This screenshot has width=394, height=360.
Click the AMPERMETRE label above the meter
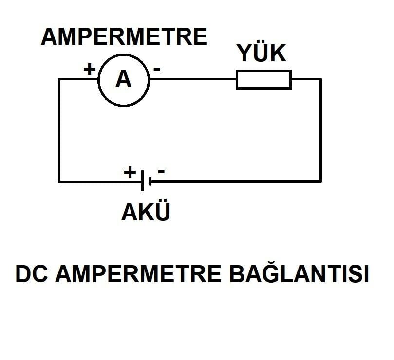pos(124,37)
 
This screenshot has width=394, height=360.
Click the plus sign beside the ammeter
pos(89,69)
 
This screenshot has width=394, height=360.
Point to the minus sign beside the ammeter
pos(157,69)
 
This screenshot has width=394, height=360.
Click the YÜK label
pos(262,54)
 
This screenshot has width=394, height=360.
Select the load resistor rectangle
pos(263,79)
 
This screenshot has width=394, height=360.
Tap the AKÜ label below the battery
pos(146,213)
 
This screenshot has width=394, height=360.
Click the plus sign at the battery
pos(130,172)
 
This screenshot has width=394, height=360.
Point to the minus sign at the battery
pos(161,171)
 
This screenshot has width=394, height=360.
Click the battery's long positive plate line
pos(142,181)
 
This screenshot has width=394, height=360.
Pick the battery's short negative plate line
pos(150,182)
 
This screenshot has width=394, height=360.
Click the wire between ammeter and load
pos(193,79)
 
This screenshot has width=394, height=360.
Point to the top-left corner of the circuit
pos(59,79)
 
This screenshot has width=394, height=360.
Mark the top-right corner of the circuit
pos(320,79)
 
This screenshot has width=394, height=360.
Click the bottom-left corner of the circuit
pos(59,181)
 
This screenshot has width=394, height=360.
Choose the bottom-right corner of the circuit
pos(320,181)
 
